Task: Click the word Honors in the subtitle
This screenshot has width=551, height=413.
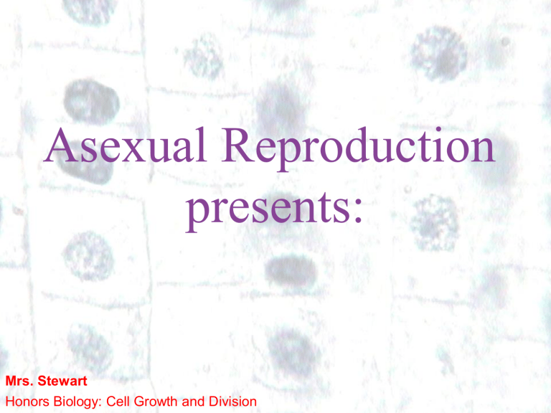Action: click(x=24, y=402)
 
